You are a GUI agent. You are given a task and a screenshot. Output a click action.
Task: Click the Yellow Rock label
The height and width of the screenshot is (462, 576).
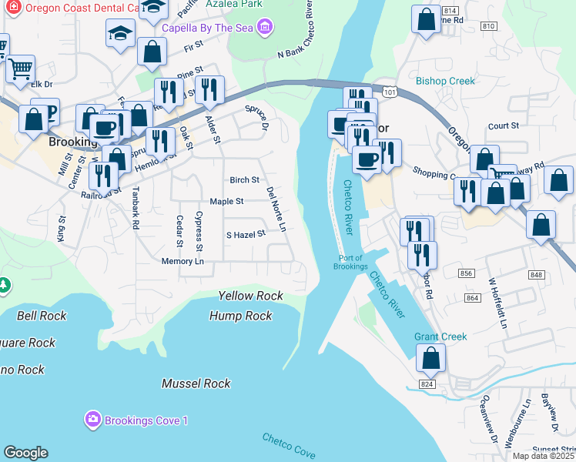click(250, 296)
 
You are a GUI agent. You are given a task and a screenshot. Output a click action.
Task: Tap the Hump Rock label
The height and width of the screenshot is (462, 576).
click(241, 316)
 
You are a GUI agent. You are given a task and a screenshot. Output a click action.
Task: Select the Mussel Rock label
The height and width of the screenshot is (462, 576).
click(196, 383)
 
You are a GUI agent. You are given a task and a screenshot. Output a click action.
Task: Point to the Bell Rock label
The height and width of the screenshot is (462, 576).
click(42, 316)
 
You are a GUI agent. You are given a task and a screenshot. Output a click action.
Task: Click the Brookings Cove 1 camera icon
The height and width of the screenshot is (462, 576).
click(93, 420)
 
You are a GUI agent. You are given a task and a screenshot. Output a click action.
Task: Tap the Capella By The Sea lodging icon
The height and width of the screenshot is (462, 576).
click(265, 28)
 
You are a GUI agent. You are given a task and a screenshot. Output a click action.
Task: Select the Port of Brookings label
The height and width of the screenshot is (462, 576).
click(350, 262)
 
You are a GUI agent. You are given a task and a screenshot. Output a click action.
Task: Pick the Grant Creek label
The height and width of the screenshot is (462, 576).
click(440, 336)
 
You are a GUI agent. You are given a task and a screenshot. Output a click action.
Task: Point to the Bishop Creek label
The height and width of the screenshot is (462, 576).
click(445, 80)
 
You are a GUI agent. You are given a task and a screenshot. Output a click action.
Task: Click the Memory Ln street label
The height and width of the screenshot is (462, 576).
click(183, 262)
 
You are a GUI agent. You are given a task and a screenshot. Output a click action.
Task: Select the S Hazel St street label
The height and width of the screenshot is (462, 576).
click(245, 234)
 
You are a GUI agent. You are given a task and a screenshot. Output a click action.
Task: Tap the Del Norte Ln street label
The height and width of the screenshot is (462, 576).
click(276, 209)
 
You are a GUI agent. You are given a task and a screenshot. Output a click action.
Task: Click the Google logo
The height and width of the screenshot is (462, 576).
click(25, 453)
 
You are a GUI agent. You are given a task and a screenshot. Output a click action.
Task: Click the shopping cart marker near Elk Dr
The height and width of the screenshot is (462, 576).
click(20, 68)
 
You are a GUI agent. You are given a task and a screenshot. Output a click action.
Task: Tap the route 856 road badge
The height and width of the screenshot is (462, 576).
click(467, 273)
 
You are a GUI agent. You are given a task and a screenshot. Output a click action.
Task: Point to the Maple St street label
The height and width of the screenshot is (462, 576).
click(226, 202)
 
